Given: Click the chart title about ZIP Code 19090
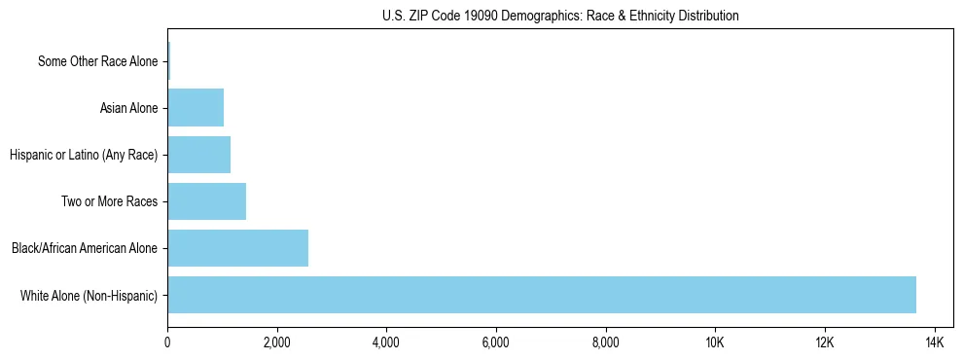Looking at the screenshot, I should click(x=560, y=16).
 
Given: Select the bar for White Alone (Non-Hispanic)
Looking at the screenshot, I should click(x=542, y=295).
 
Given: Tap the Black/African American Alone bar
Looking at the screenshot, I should click(x=238, y=248).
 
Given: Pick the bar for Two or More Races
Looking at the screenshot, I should click(x=207, y=201).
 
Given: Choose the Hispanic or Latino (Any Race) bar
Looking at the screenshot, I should click(x=199, y=155).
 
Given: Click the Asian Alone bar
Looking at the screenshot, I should click(x=196, y=108).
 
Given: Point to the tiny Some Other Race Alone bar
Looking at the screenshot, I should click(x=168, y=61).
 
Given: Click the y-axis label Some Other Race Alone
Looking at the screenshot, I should click(x=97, y=62).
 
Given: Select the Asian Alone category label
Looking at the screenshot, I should click(x=128, y=109).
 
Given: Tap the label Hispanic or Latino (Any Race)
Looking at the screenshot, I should click(x=84, y=156).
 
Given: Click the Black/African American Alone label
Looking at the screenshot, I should click(x=85, y=249).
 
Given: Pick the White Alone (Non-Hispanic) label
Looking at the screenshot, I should click(x=89, y=296).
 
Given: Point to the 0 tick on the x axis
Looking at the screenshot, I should click(x=167, y=343).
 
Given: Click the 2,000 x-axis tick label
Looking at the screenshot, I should click(x=277, y=343).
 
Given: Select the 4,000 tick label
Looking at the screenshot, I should click(x=386, y=343).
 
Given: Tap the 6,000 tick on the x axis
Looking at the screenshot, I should click(x=496, y=343).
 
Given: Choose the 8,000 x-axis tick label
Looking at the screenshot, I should click(x=606, y=343).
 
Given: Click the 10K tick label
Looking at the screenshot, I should click(x=715, y=343).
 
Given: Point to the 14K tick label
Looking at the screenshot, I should click(x=935, y=343).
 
